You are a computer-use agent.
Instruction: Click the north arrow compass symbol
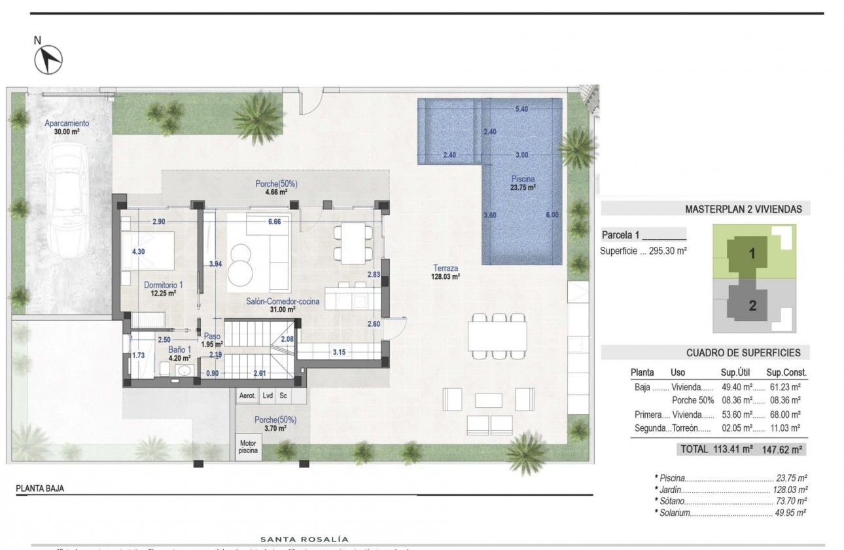[x=48, y=60]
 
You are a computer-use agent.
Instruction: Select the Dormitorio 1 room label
[x=164, y=289]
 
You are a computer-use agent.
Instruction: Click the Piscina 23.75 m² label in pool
[x=524, y=182]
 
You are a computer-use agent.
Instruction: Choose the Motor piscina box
[x=248, y=447]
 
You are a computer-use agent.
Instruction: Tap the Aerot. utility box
[x=247, y=395]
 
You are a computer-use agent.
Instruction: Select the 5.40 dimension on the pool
[x=521, y=109]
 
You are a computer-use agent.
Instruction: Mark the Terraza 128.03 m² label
[x=445, y=272]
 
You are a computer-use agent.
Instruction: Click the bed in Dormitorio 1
[x=149, y=249]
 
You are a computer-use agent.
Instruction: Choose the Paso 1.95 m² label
[x=211, y=339]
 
